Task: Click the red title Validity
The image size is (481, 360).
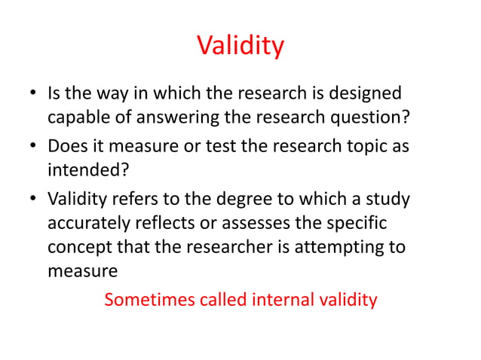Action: (240, 46)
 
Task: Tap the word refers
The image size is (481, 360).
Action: (133, 200)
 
